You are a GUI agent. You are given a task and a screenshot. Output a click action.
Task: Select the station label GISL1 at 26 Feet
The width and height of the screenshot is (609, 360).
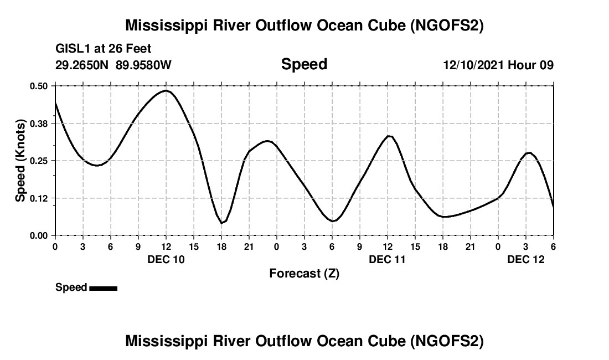[x=104, y=49]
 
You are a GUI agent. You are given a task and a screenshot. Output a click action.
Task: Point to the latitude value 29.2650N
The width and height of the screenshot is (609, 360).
[x=83, y=65]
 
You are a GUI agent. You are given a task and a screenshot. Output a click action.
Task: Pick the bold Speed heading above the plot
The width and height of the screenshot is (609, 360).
[x=304, y=64]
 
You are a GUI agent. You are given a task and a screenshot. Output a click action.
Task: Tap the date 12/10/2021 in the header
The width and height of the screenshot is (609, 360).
[x=473, y=65]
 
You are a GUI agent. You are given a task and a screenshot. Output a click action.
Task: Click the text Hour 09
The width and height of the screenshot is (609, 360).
[x=530, y=65]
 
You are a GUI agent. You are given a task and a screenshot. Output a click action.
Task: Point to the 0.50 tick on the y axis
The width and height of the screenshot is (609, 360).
[x=39, y=86]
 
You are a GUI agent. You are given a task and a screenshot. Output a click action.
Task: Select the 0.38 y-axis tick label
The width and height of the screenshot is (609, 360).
[x=39, y=123]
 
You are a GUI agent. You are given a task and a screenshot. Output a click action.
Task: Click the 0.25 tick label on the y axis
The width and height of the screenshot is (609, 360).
[x=39, y=161]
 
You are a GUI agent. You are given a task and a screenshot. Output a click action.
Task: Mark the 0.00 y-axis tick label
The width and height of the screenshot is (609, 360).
[x=39, y=235]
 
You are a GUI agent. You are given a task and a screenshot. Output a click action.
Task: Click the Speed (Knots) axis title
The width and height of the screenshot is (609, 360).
[x=20, y=161]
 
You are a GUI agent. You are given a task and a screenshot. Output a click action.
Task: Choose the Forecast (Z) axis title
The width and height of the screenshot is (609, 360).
[x=304, y=273]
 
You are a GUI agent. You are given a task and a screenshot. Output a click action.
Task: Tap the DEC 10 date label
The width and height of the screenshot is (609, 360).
[x=166, y=259]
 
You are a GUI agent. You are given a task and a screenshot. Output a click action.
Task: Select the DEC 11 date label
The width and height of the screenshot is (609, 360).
[x=388, y=259]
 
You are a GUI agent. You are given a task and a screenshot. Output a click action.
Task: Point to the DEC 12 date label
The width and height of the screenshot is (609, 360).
[x=526, y=259]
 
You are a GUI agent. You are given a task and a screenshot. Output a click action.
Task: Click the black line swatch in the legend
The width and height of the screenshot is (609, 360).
[x=103, y=288]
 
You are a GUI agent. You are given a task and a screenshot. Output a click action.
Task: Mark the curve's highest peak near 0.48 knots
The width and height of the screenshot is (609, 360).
[x=166, y=90]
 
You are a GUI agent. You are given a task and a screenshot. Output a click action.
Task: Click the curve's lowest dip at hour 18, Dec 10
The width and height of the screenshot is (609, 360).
[x=221, y=223]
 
